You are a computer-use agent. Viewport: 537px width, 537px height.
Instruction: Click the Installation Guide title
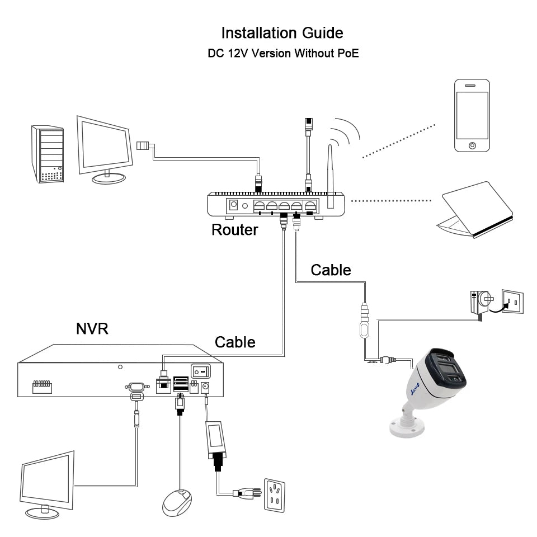(282, 32)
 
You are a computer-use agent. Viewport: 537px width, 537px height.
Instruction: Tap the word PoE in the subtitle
(347, 54)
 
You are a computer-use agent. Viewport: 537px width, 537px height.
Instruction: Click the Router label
(234, 229)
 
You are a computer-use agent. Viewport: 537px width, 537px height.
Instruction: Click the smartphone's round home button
(473, 145)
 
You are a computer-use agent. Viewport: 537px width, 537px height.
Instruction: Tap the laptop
(475, 210)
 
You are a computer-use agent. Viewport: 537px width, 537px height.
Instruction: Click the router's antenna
(331, 173)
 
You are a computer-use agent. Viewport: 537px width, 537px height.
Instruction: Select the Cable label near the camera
(331, 270)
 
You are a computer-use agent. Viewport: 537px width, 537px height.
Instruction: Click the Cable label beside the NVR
(235, 342)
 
